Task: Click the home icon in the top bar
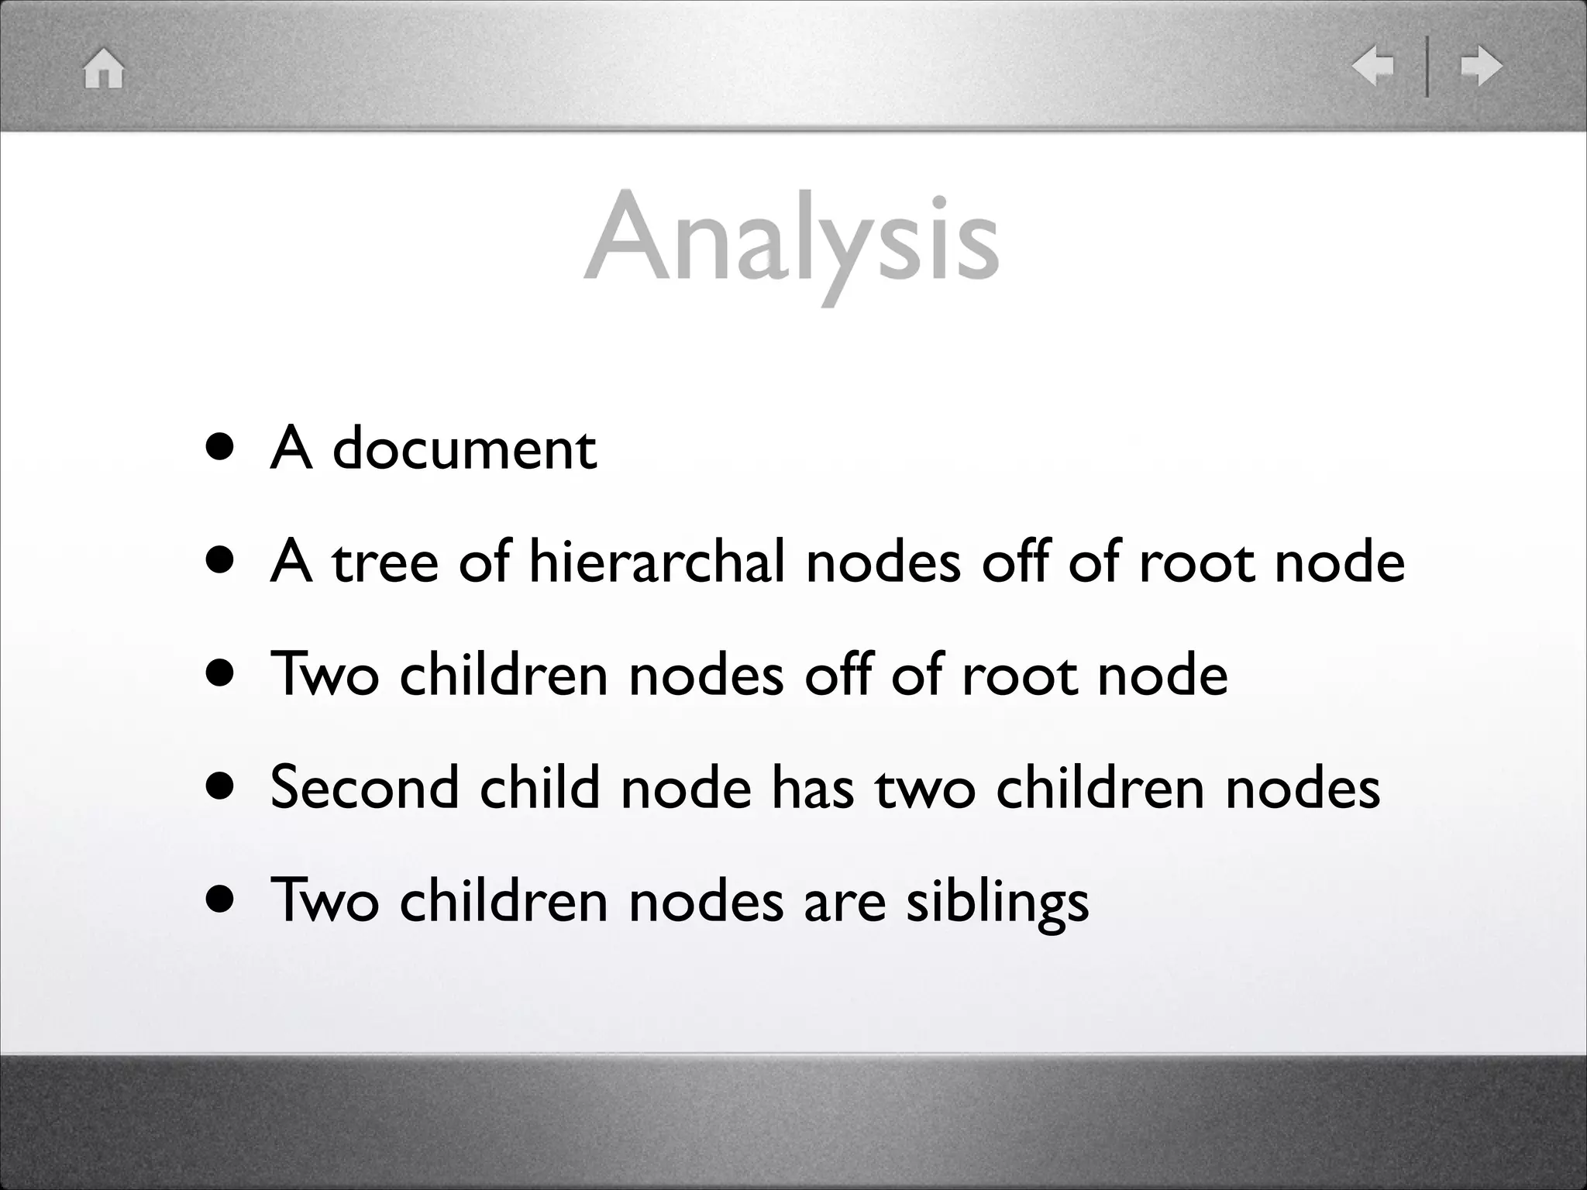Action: point(104,68)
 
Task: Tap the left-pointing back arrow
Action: point(1372,66)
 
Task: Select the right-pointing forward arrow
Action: point(1481,66)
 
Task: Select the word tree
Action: point(385,562)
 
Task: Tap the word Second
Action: point(364,788)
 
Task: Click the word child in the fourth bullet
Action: point(539,788)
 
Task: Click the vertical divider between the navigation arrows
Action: point(1427,67)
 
